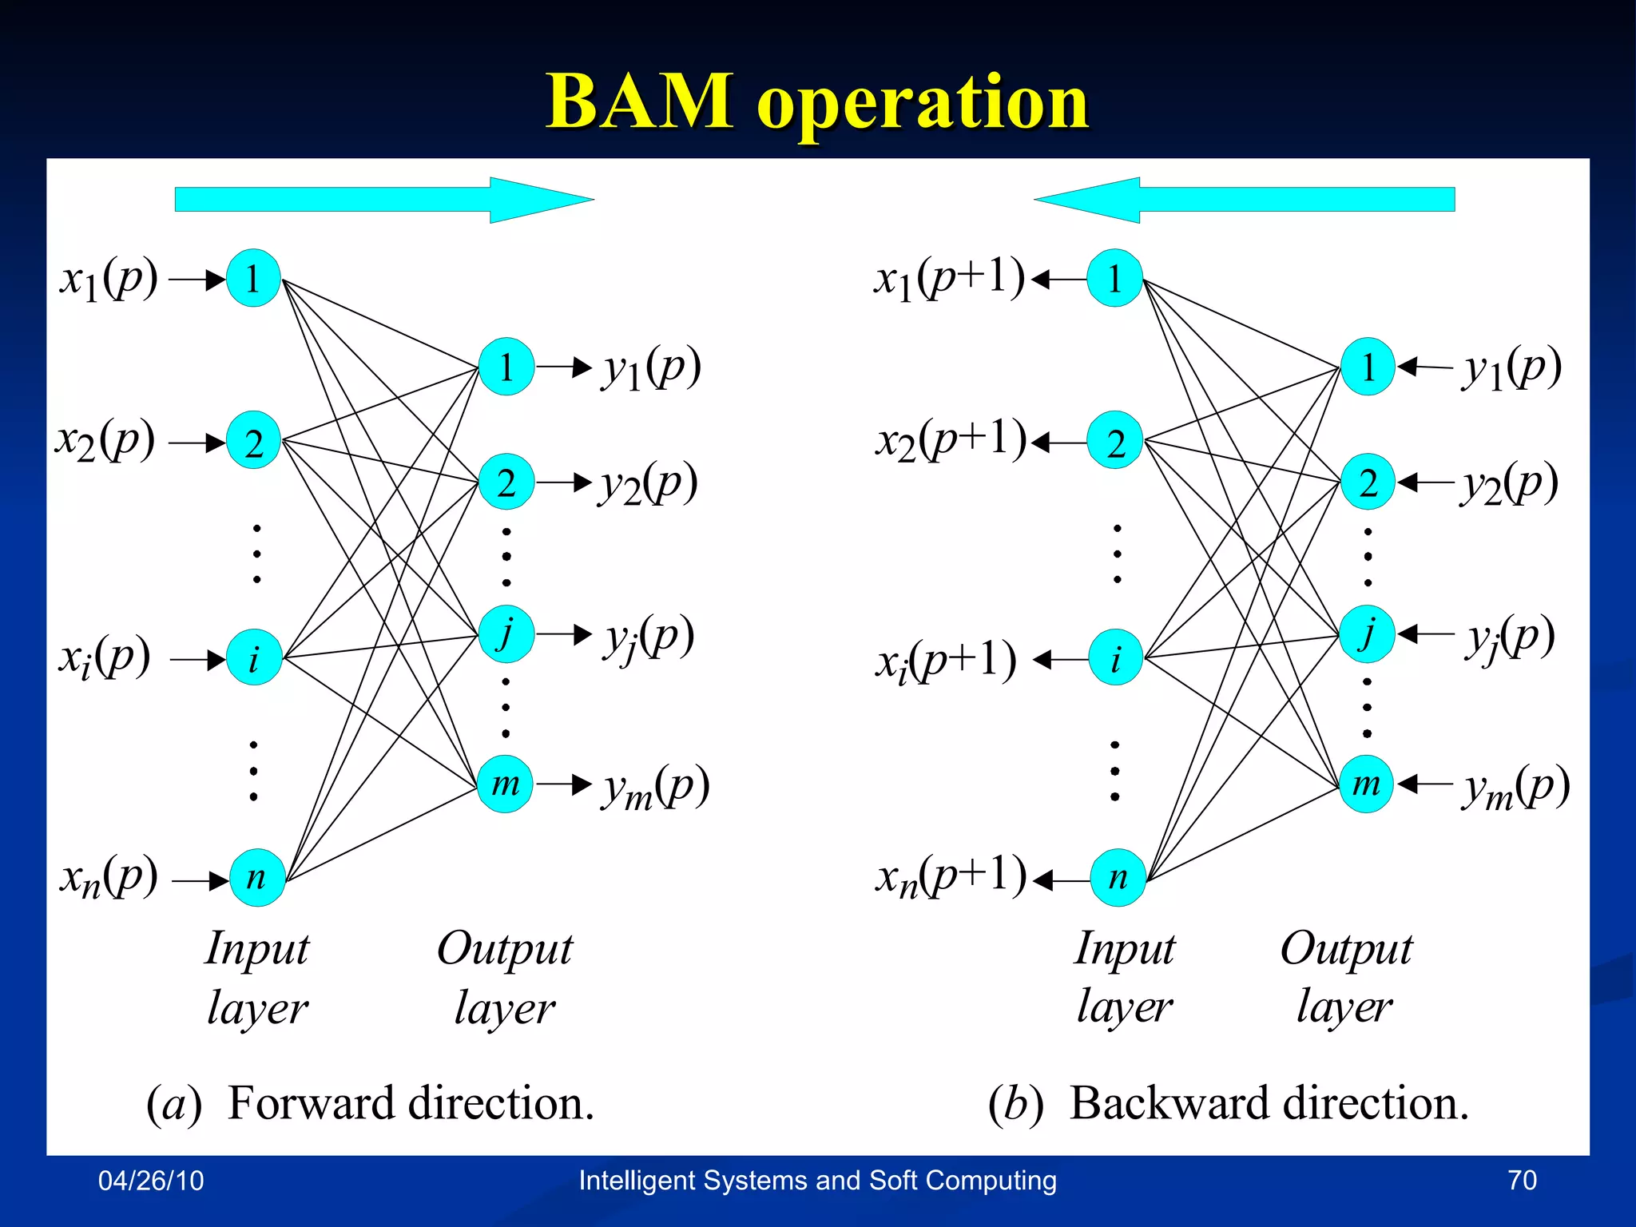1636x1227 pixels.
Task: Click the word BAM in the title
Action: [639, 101]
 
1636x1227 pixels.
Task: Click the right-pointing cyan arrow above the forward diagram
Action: [383, 200]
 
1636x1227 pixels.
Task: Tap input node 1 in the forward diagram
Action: [253, 279]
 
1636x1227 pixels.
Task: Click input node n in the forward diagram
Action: [256, 877]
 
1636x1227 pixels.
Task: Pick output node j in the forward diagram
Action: [506, 633]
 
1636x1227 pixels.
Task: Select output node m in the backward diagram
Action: [1367, 784]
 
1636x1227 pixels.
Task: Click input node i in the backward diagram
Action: [1116, 658]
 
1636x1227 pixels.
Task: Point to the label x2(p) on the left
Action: [105, 441]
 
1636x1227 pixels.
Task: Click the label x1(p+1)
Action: [949, 280]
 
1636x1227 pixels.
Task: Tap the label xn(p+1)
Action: [951, 877]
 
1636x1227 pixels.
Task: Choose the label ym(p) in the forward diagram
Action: [655, 786]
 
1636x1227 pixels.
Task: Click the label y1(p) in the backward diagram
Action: [1511, 368]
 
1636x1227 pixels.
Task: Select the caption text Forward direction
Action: [411, 1104]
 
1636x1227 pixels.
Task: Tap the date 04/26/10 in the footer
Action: [151, 1181]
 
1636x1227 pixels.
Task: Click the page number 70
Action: [1522, 1181]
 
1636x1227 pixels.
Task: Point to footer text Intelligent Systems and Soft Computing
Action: [817, 1181]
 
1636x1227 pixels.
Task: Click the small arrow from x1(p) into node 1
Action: [197, 280]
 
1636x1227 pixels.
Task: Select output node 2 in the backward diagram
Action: [1368, 482]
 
